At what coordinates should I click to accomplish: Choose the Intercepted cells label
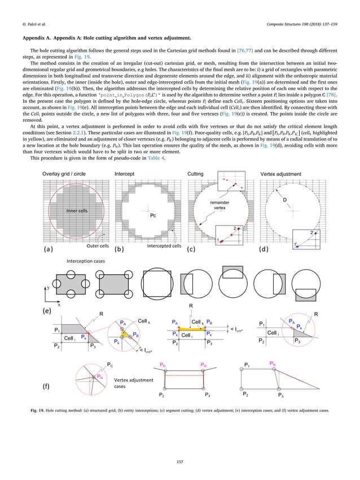[x=163, y=246]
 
